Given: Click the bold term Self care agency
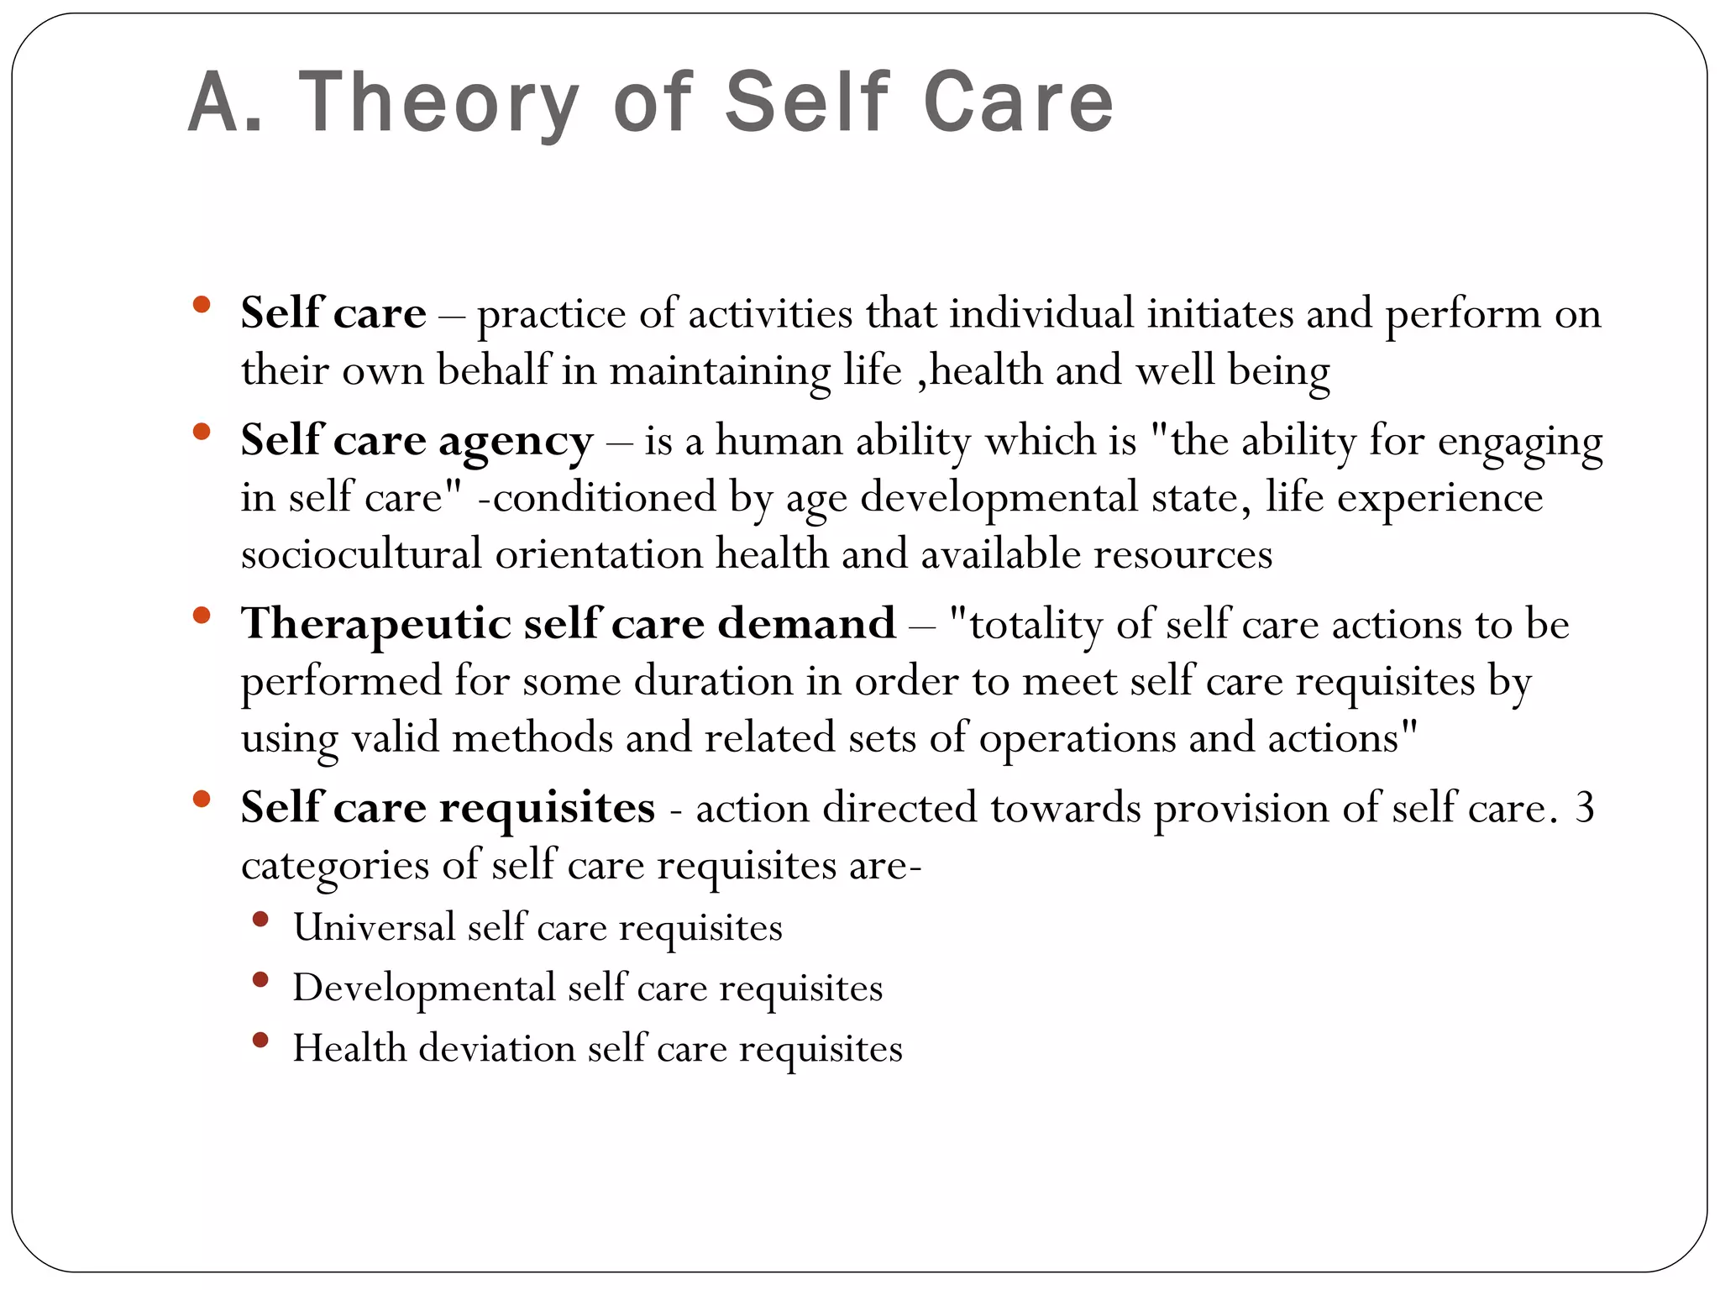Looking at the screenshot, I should coord(417,440).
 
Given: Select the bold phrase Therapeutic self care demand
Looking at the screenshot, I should coord(568,624).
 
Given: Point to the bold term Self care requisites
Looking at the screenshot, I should coord(448,808).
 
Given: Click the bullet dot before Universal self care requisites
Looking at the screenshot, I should coord(260,920).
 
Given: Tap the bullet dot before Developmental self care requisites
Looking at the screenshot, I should coord(260,980).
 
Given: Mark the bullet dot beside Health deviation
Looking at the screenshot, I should coord(260,1041).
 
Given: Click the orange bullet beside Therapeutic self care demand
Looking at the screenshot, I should coord(201,616).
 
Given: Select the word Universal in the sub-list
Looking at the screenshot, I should coord(374,927).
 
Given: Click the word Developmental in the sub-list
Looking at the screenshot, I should coord(424,988).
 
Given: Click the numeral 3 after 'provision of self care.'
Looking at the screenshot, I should coord(1584,808).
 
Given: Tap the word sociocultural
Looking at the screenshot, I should coord(361,554).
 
